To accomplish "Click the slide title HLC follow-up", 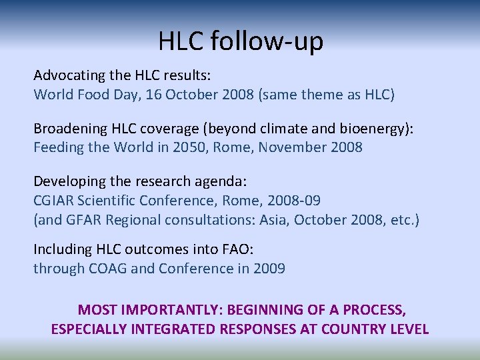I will (240, 41).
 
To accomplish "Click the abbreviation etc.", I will (402, 220).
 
